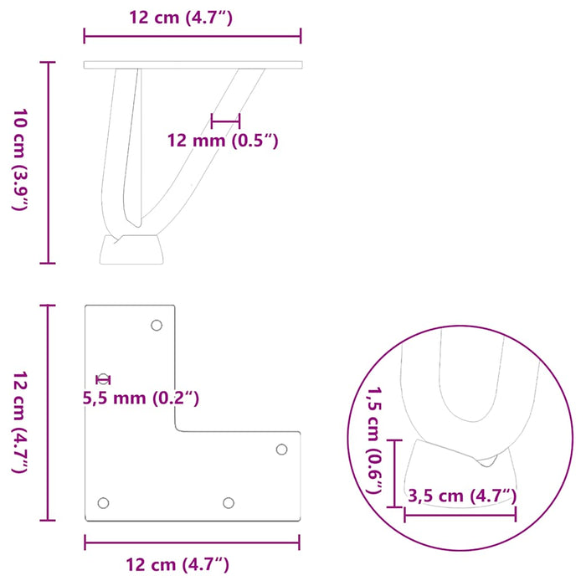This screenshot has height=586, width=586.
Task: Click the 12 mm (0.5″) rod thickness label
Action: click(x=224, y=141)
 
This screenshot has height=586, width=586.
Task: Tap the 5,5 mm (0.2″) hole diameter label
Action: click(x=140, y=398)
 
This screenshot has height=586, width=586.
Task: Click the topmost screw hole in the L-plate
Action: click(x=156, y=325)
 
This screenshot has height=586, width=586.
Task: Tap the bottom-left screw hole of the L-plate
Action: click(x=104, y=502)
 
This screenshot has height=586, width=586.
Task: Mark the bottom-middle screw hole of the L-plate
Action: click(x=228, y=502)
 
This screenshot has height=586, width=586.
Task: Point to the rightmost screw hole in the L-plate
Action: click(x=282, y=450)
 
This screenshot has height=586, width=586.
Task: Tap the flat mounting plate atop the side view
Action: click(x=193, y=64)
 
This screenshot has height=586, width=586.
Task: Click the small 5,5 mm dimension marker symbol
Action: click(x=103, y=379)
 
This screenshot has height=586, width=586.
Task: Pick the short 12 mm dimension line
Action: click(x=225, y=121)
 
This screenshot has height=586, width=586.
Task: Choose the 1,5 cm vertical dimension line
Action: click(x=394, y=473)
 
